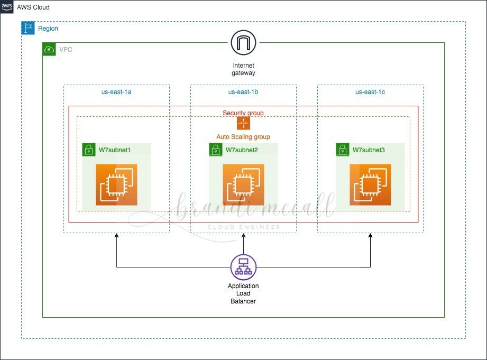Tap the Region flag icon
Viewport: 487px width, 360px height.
point(28,28)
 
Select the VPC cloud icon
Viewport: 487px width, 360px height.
point(49,49)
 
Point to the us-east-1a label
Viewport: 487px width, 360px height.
point(116,92)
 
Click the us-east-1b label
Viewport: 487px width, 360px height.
point(243,92)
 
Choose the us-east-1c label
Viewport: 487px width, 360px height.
point(370,92)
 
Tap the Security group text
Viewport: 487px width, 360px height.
point(243,113)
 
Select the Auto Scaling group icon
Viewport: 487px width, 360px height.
point(243,123)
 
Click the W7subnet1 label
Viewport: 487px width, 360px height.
point(115,150)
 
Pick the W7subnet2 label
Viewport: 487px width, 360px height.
point(242,150)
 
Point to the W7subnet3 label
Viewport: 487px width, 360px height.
point(369,150)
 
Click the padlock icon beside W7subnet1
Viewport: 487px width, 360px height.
point(89,150)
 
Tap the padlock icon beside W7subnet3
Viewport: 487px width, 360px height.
point(343,150)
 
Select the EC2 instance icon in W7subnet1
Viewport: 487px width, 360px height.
point(116,184)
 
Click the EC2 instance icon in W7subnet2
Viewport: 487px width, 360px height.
point(243,184)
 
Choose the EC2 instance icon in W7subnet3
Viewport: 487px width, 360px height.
point(370,184)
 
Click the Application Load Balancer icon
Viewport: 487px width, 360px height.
point(243,267)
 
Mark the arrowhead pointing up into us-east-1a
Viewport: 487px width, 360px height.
point(116,236)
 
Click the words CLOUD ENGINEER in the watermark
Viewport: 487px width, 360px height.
point(243,227)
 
